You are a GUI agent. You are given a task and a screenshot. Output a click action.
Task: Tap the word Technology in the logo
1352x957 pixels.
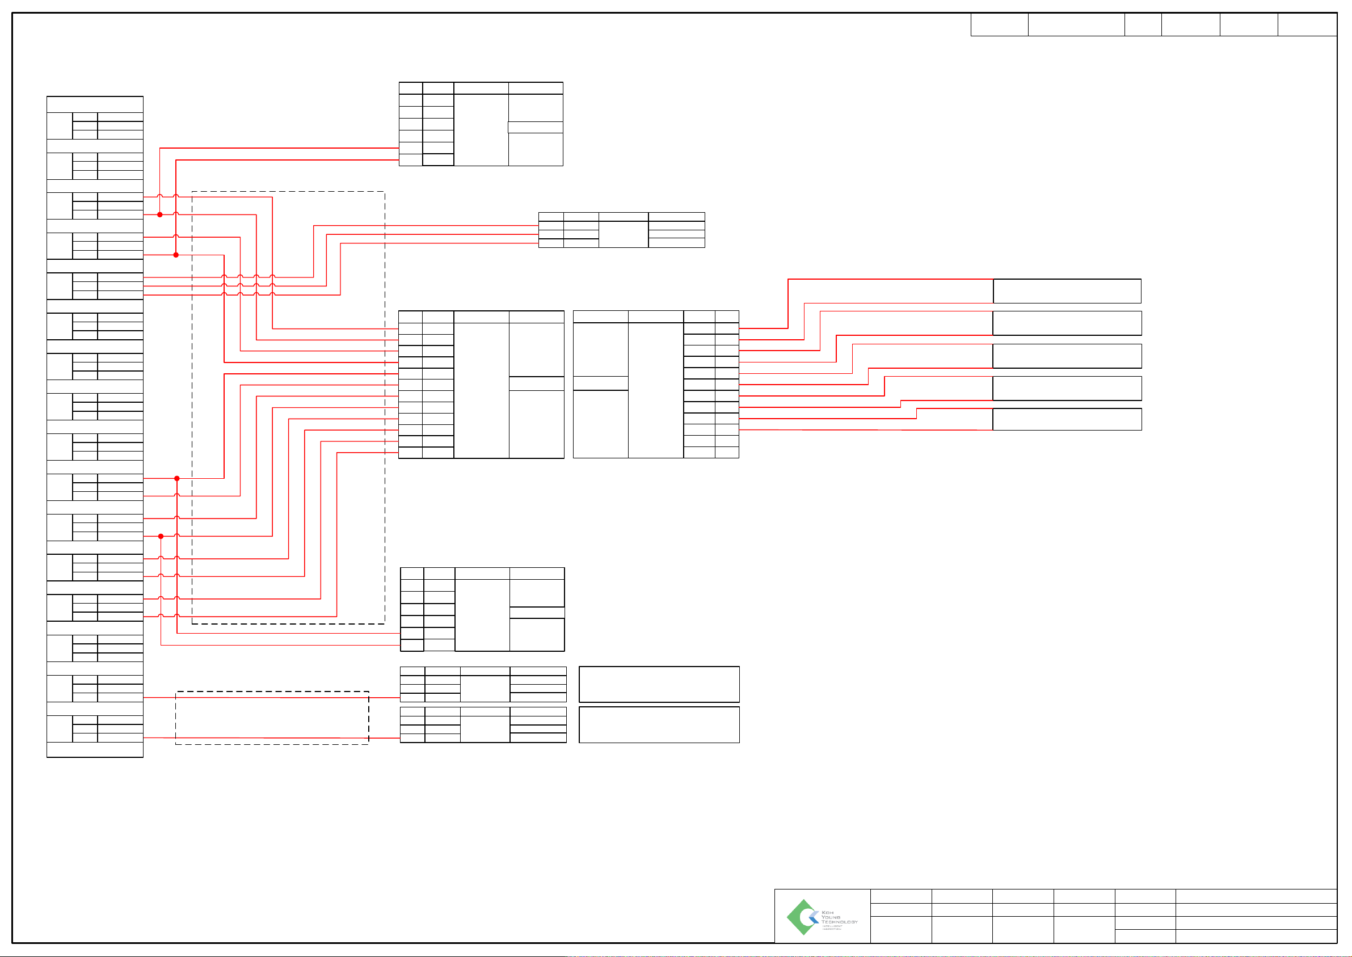tap(839, 922)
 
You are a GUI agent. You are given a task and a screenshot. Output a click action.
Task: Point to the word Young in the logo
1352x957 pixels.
tap(831, 917)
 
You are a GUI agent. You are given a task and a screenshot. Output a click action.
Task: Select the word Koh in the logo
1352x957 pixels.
tap(827, 912)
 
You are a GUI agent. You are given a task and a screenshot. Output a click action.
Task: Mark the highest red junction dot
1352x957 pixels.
tap(160, 214)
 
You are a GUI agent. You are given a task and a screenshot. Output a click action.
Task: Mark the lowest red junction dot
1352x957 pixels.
tap(161, 536)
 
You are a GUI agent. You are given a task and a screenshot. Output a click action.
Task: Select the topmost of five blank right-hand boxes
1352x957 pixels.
tap(1067, 291)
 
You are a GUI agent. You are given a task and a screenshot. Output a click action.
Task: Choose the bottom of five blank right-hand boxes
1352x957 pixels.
tap(1067, 419)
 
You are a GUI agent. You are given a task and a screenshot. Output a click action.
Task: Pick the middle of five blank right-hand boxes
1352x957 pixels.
tap(1067, 356)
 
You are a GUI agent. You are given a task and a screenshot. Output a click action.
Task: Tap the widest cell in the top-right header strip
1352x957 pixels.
tap(1076, 25)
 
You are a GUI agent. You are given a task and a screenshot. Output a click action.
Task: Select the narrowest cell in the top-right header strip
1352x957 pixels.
tap(1143, 25)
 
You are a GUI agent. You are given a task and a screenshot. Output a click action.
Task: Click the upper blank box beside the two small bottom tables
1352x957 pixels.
tap(659, 684)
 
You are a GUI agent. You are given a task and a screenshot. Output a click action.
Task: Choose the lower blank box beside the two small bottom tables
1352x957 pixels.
tap(659, 725)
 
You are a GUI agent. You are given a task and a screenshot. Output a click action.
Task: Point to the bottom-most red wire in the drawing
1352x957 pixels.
tap(271, 738)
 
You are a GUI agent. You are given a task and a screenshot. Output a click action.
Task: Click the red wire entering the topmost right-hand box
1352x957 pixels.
tap(890, 279)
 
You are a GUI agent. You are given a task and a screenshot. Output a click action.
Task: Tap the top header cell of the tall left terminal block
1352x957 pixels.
tap(95, 104)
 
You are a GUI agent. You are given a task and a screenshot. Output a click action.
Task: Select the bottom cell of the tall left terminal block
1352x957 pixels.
tap(95, 749)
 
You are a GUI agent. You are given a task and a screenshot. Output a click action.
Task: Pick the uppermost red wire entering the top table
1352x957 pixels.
tap(277, 148)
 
